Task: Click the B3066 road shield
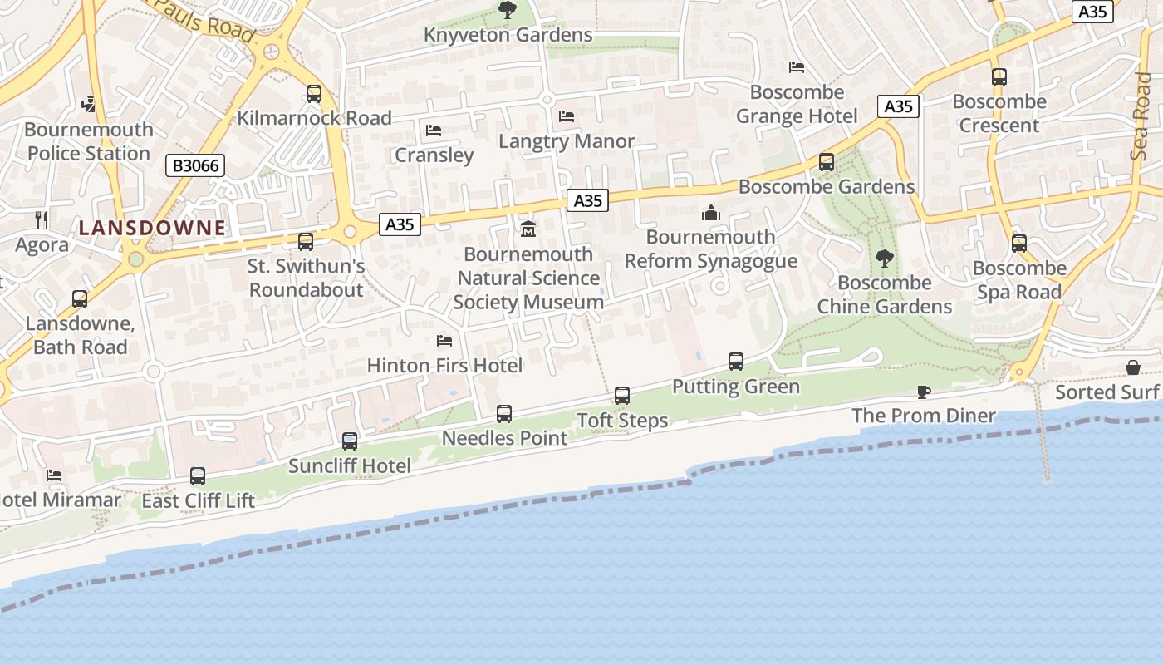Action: tap(196, 165)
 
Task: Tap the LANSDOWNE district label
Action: tap(152, 228)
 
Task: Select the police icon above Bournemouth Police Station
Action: tap(89, 105)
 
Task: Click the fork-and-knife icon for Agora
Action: tap(42, 219)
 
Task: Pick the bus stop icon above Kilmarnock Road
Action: tap(313, 94)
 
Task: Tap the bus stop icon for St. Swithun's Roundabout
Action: tap(306, 242)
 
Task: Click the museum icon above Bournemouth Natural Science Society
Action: tap(528, 229)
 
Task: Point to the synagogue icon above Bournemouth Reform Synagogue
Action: tap(710, 213)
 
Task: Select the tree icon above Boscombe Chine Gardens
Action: tap(884, 259)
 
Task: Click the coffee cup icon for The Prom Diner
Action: tap(923, 392)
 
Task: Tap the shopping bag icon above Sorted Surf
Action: tap(1132, 367)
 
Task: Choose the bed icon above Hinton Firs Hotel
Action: tap(444, 341)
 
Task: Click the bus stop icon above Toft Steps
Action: tap(622, 396)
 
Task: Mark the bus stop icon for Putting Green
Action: tap(736, 362)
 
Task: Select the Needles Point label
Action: tap(504, 438)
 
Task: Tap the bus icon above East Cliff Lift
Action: tap(198, 476)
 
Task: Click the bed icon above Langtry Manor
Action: tap(567, 116)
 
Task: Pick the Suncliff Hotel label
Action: tap(349, 465)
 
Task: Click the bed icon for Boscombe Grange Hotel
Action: tap(797, 67)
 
